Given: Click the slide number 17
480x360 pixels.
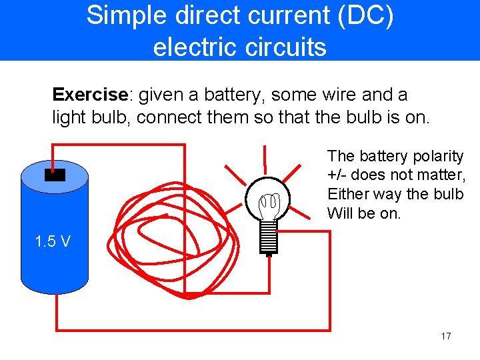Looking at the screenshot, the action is coord(446,336).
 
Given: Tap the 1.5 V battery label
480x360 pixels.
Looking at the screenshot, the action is coord(53,241).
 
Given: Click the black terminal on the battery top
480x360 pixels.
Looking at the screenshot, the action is coord(54,175).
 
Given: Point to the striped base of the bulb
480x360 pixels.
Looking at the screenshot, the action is coord(268,237).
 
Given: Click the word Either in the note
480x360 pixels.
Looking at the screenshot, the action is coord(346,194).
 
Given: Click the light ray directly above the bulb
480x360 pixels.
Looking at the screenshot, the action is coord(265,157).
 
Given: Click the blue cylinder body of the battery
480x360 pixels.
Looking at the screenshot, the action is coord(54,267).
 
